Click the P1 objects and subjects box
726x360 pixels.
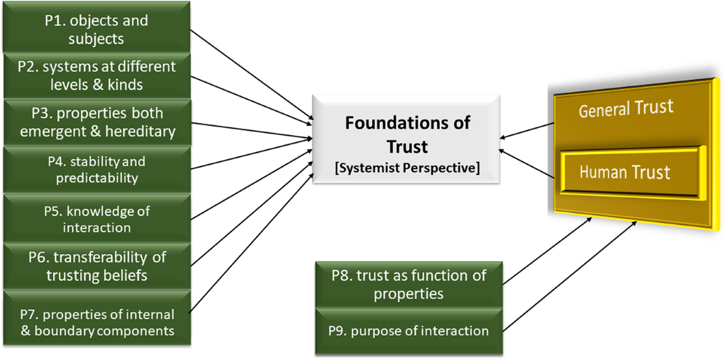tap(97, 30)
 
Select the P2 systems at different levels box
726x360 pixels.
tap(97, 76)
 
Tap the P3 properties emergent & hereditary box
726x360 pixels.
tap(97, 122)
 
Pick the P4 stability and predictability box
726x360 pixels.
tap(97, 170)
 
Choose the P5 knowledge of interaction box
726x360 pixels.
tap(97, 219)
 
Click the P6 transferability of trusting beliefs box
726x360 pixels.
tap(97, 266)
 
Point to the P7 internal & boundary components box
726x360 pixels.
tap(97, 322)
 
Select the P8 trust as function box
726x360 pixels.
tap(408, 284)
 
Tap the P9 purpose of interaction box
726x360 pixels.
tap(408, 330)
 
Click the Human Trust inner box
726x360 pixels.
tap(624, 172)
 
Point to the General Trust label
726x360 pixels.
tap(625, 110)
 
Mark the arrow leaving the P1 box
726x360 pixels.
tap(251, 76)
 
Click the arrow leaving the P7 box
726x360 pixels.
tap(251, 242)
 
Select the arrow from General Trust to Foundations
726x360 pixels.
tap(528, 131)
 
